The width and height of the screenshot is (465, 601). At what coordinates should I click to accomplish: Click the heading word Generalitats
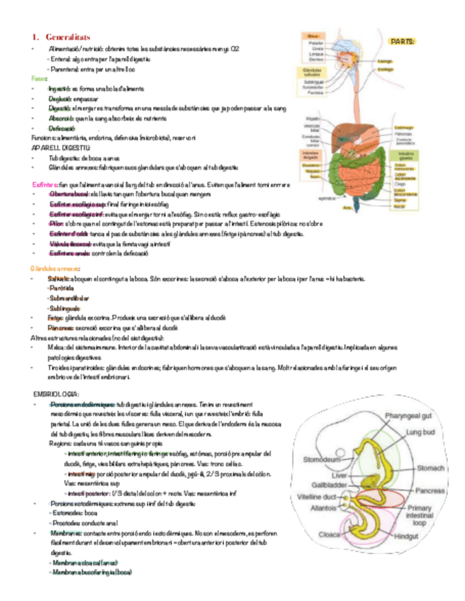click(x=69, y=37)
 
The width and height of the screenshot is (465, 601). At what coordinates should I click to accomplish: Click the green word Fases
click(x=39, y=79)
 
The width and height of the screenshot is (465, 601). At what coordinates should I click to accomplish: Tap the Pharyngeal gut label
click(x=408, y=415)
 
